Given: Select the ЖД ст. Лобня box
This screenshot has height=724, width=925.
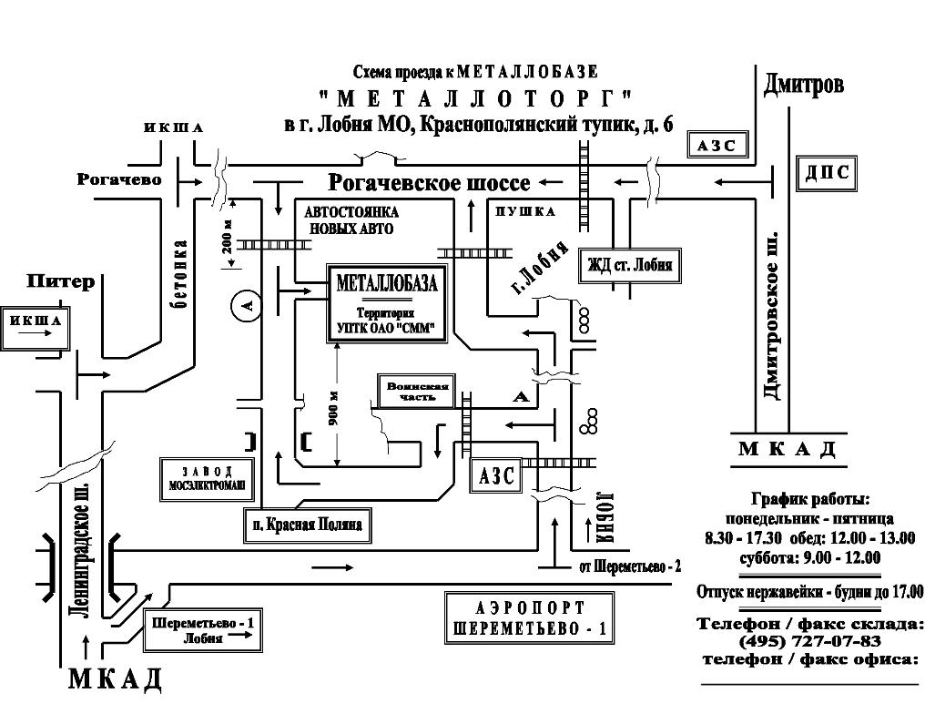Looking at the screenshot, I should [x=629, y=266].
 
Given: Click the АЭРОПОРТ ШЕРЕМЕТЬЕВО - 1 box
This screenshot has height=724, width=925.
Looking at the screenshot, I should [x=530, y=618].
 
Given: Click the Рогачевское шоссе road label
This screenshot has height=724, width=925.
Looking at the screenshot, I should [x=429, y=183].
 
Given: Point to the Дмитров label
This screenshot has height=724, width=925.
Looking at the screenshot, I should [x=804, y=85].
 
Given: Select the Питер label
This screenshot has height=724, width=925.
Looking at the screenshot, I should [x=60, y=281].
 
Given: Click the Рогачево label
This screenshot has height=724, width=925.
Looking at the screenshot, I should [x=119, y=180].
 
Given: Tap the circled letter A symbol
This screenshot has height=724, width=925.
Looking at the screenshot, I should [x=245, y=307].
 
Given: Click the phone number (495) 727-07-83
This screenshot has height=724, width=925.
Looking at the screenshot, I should [x=810, y=641].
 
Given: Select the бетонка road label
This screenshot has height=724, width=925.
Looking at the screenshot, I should [x=181, y=274].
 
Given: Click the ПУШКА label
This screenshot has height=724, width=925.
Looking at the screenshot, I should [x=524, y=211].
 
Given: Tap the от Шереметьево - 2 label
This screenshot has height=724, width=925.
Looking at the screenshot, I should [x=630, y=566].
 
